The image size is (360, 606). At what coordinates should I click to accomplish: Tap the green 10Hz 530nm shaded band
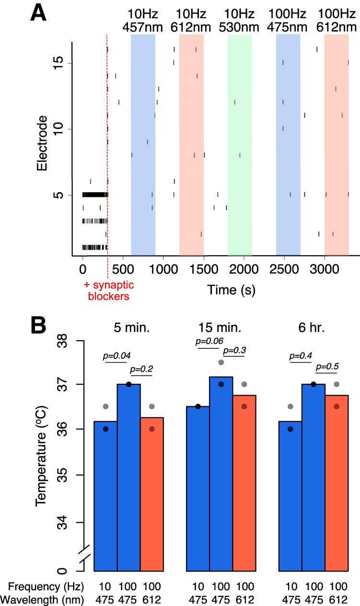[x=240, y=144]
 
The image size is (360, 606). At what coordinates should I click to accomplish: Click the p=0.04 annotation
[x=117, y=355]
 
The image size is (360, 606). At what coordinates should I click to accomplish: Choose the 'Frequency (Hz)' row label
[x=44, y=585]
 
